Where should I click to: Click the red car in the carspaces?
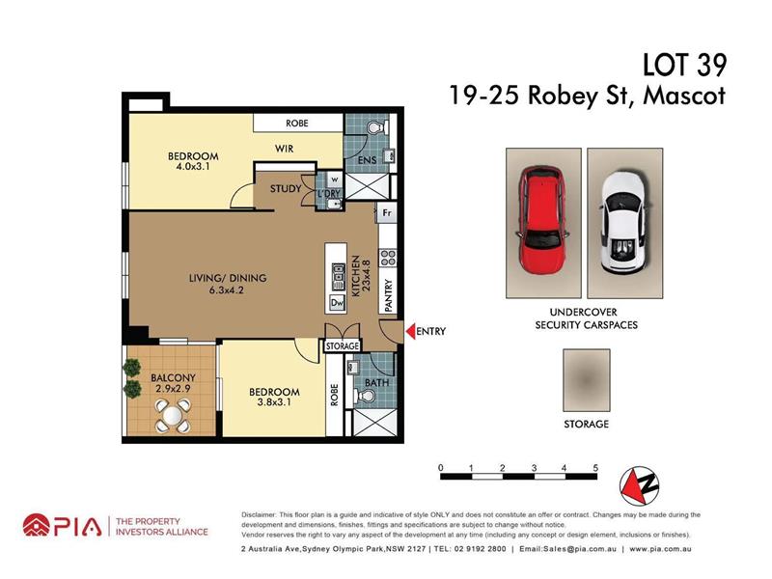542,221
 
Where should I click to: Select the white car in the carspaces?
622,223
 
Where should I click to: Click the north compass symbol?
639,485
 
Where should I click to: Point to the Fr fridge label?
387,212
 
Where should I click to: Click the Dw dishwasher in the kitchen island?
337,303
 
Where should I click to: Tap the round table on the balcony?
172,417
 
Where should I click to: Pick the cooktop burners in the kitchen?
387,258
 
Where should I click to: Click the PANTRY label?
388,295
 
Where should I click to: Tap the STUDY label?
286,188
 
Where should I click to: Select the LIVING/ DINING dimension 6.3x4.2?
227,290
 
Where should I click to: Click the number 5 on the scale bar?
595,468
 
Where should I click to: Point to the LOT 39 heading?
684,66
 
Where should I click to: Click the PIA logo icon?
37,526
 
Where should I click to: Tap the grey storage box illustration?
587,380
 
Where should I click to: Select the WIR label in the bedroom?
284,149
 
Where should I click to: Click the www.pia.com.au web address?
660,549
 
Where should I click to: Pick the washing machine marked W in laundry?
335,179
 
